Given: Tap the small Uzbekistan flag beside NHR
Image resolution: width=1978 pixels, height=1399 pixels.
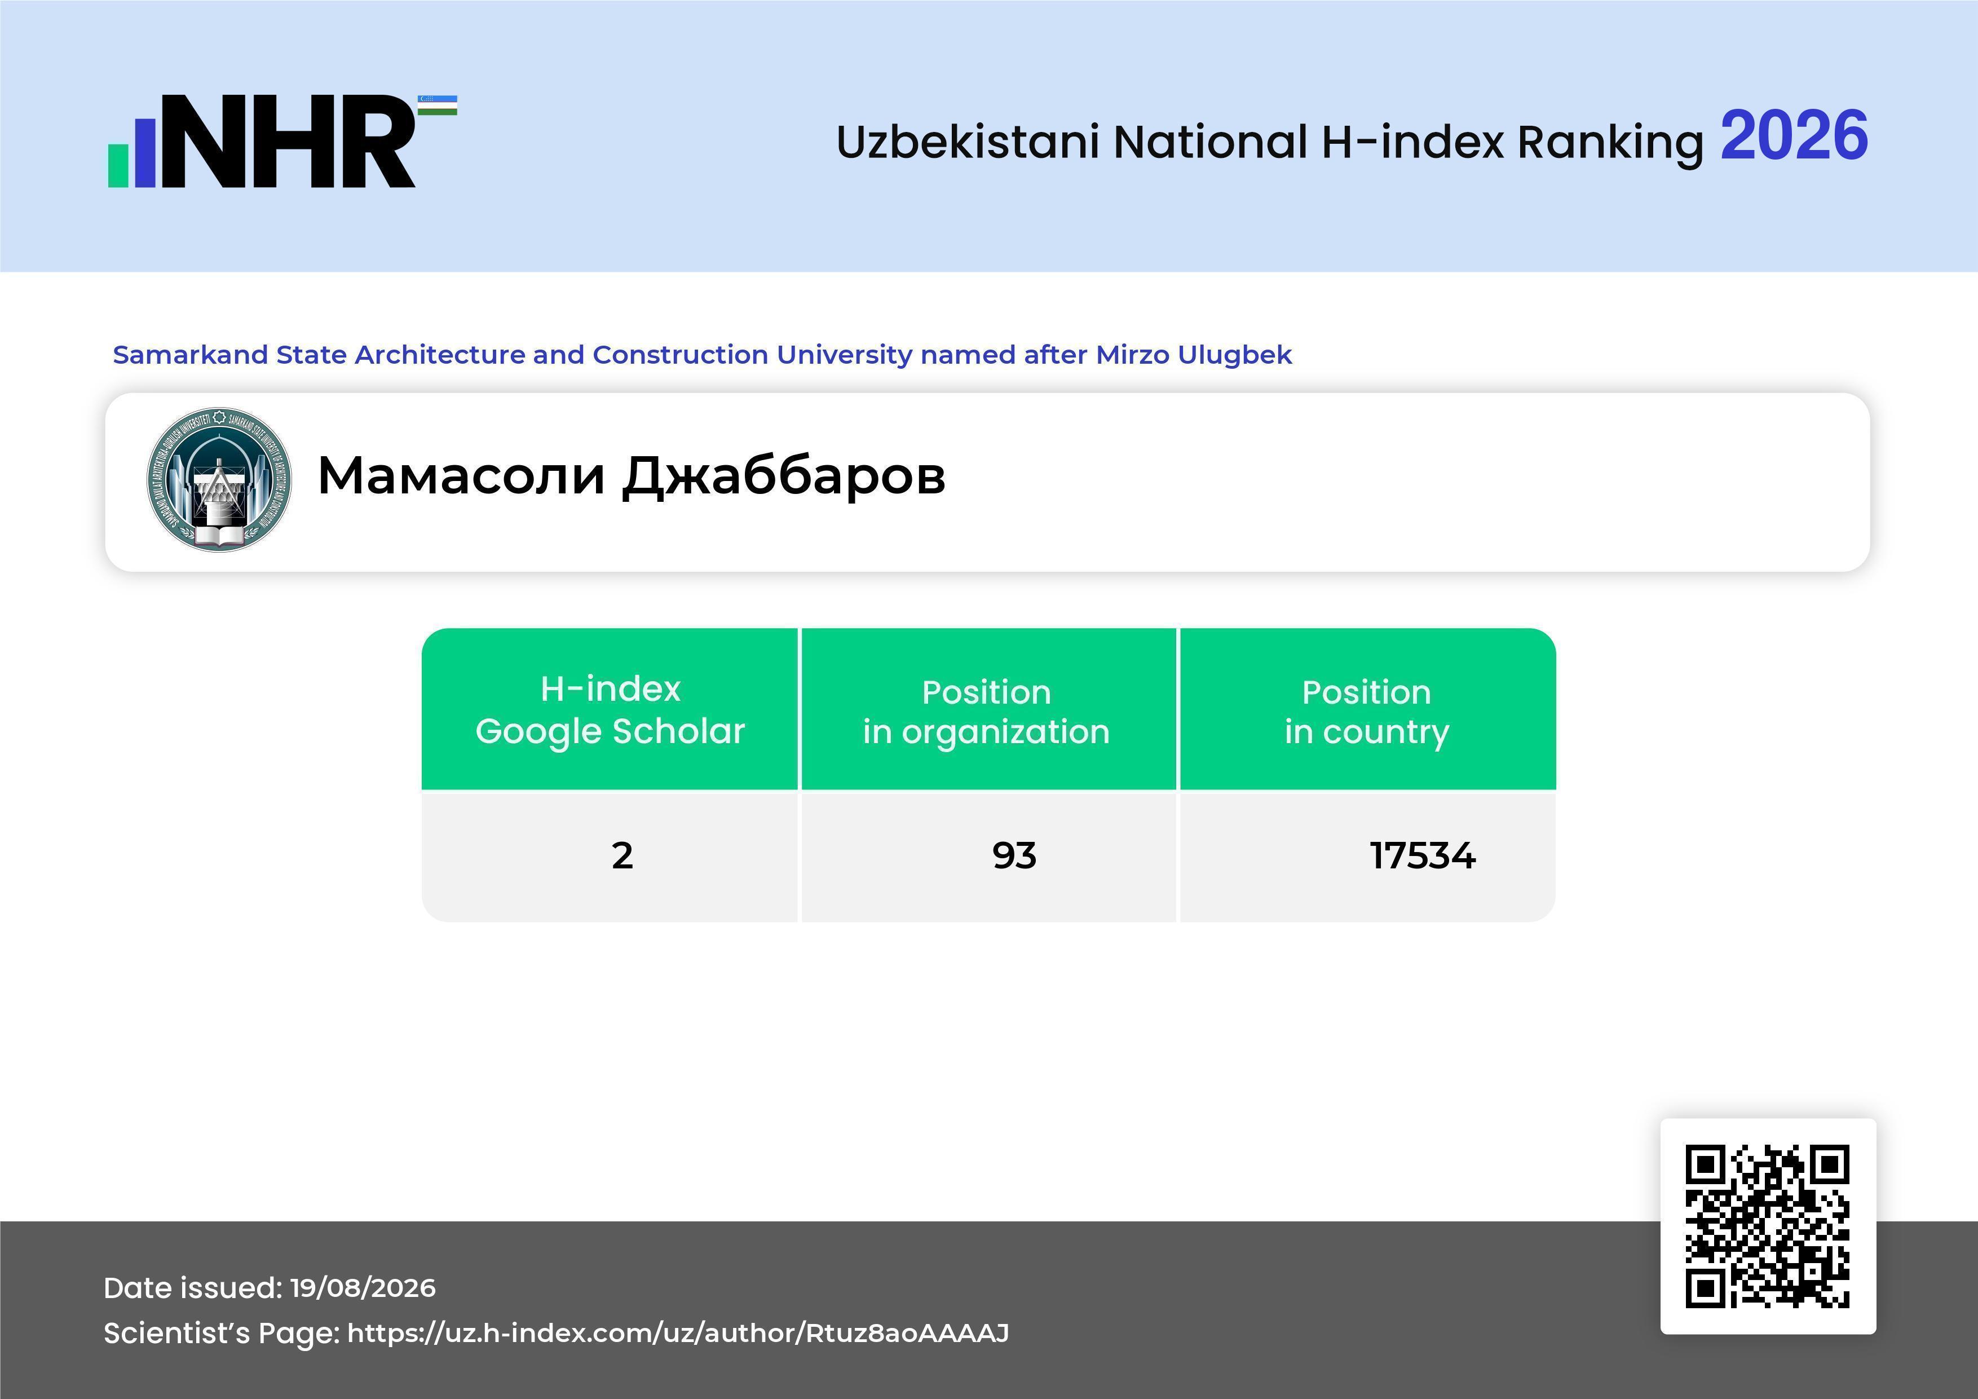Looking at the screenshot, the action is click(438, 105).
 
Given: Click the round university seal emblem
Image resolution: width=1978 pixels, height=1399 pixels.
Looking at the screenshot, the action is click(219, 480).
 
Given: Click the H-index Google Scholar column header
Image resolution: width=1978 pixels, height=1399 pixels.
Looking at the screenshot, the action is click(610, 709).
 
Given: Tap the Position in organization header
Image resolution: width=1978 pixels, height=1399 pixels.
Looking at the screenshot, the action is click(986, 712).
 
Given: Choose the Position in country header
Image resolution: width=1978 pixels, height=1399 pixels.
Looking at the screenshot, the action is click(1366, 712).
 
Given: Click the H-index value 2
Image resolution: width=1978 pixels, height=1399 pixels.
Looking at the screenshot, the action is click(622, 855).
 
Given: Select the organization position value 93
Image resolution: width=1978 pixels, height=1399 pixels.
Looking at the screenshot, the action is click(1014, 855).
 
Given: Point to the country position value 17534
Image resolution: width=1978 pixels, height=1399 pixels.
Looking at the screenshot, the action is click(1423, 855).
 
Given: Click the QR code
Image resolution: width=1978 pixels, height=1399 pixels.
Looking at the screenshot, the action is click(1768, 1226).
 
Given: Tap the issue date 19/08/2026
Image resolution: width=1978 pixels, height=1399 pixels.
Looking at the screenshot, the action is click(363, 1288).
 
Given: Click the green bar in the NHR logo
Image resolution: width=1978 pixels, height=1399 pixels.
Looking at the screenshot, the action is click(118, 165).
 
